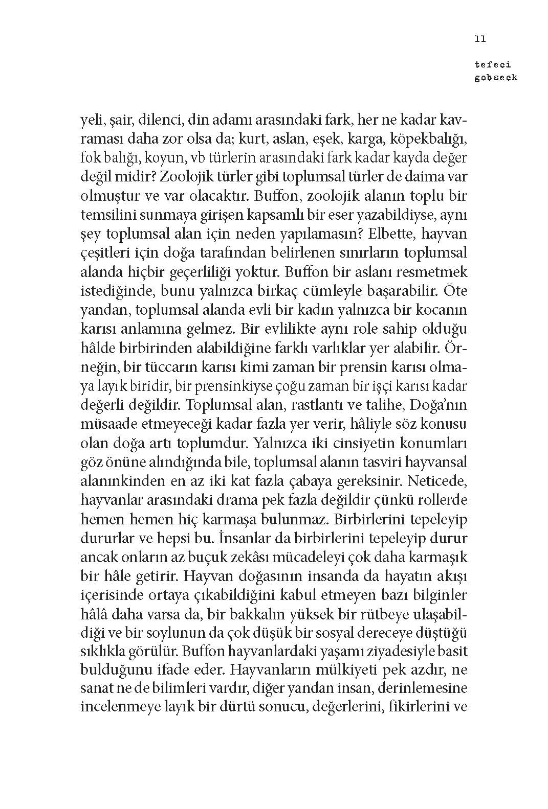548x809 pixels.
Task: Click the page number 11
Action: point(480,38)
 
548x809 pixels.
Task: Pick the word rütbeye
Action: point(404,613)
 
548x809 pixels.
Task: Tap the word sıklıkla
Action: point(104,651)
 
